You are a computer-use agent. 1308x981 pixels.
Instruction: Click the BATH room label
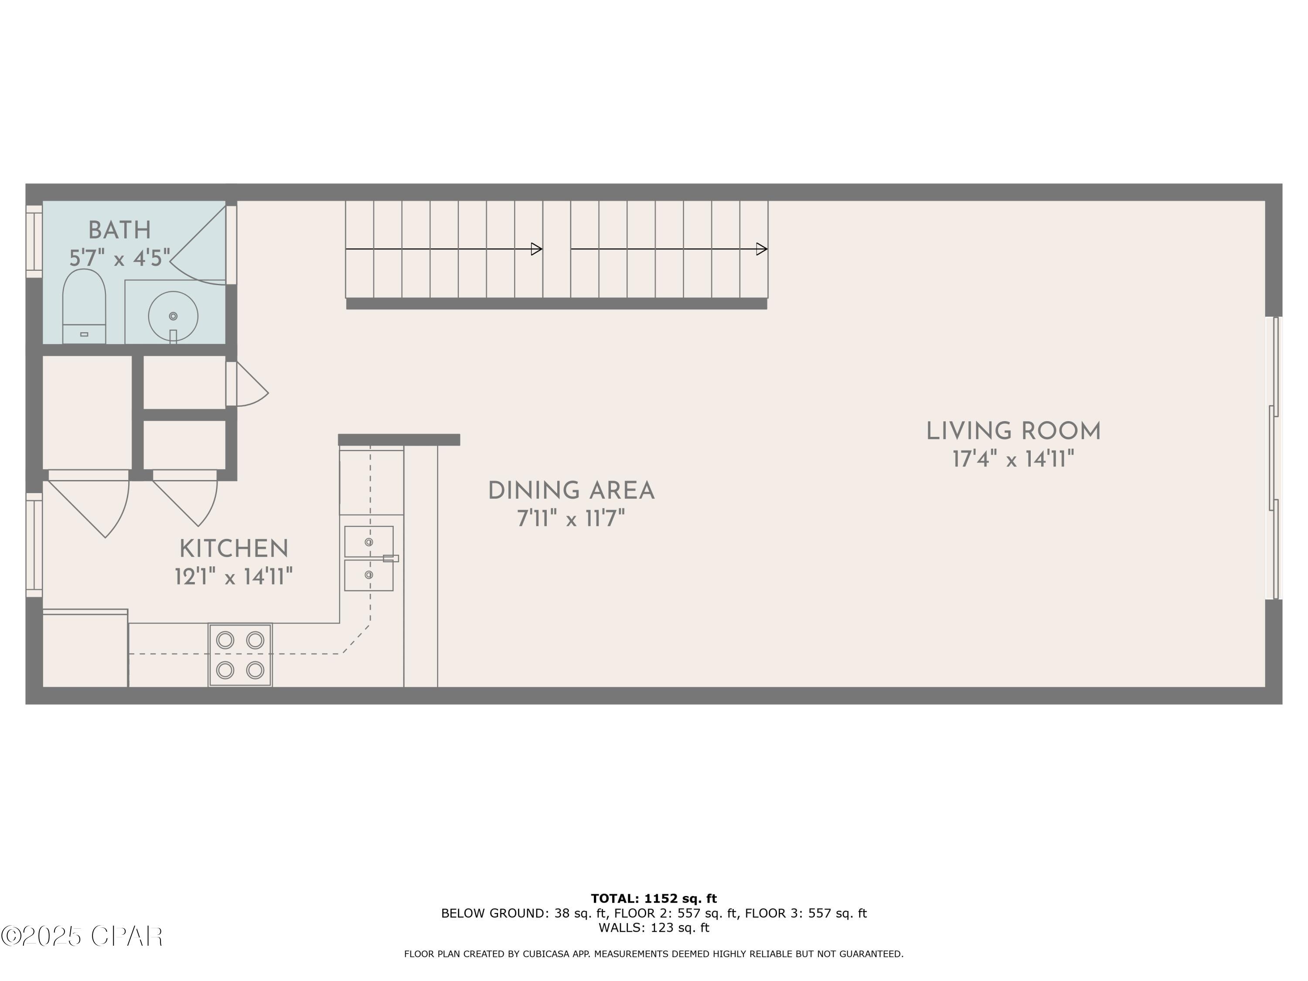[x=119, y=230]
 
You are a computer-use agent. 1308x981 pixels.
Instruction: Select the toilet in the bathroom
[x=84, y=306]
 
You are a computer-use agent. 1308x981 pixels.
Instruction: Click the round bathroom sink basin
[x=173, y=315]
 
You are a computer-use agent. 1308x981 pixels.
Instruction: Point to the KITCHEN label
[x=234, y=549]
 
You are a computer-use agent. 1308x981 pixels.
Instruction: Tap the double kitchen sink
[x=369, y=558]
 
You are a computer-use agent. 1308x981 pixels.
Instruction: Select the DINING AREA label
[x=571, y=491]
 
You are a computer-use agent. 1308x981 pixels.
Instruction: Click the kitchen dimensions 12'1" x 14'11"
[x=234, y=576]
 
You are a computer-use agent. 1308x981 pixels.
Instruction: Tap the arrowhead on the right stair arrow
[x=762, y=249]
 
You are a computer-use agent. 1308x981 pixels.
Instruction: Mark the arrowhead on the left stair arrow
[x=537, y=249]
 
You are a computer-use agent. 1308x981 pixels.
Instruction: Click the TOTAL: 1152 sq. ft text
[x=654, y=899]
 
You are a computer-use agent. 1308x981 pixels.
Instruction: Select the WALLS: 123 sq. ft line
[x=654, y=927]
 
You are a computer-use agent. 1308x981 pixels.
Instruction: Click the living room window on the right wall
[x=1274, y=458]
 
